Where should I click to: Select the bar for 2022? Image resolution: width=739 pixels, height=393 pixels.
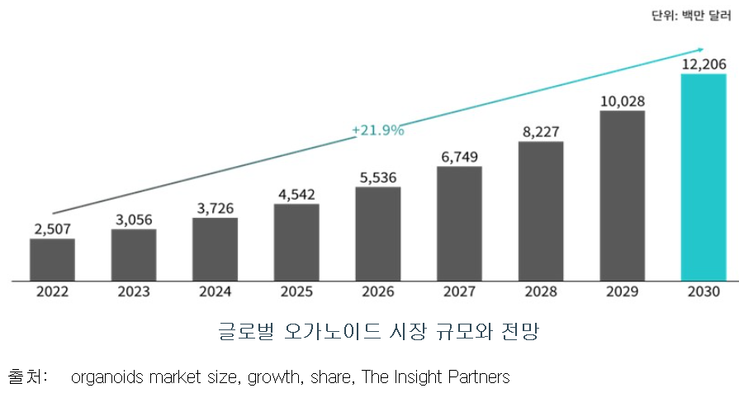pyautogui.click(x=52, y=259)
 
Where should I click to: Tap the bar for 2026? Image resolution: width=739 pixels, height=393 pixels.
pyautogui.click(x=377, y=234)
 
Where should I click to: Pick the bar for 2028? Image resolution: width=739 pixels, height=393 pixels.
pyautogui.click(x=541, y=211)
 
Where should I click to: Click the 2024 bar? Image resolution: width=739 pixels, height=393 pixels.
pyautogui.click(x=215, y=249)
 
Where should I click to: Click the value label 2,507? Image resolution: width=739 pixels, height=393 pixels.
pyautogui.click(x=52, y=229)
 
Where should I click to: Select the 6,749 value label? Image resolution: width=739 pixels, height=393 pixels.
pyautogui.click(x=459, y=157)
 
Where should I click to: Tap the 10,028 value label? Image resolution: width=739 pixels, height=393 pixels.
pyautogui.click(x=622, y=102)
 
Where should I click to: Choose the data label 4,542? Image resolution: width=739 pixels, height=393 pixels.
pyautogui.click(x=296, y=195)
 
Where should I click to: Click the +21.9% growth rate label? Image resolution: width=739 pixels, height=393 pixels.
pyautogui.click(x=377, y=130)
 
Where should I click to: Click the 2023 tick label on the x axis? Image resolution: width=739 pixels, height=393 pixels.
pyautogui.click(x=134, y=292)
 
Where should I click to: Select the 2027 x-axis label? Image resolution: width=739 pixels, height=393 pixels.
pyautogui.click(x=459, y=292)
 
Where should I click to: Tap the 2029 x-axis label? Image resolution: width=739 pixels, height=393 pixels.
pyautogui.click(x=622, y=292)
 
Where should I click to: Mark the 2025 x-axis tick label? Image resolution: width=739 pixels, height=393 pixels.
pyautogui.click(x=296, y=292)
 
